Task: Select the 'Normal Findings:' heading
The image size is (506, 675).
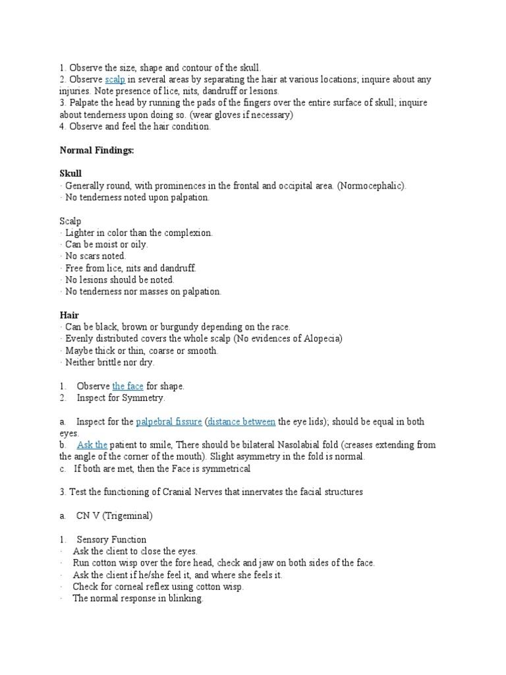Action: pyautogui.click(x=97, y=151)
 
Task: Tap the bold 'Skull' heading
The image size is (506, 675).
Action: pyautogui.click(x=70, y=174)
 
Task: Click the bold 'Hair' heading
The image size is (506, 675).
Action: pyautogui.click(x=69, y=316)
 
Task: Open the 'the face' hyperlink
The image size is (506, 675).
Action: pyautogui.click(x=128, y=386)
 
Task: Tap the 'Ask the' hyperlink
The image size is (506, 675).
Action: pyautogui.click(x=92, y=446)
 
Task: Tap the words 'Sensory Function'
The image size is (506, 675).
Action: pyautogui.click(x=111, y=540)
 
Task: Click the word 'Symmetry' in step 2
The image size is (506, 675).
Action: pyautogui.click(x=144, y=398)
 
